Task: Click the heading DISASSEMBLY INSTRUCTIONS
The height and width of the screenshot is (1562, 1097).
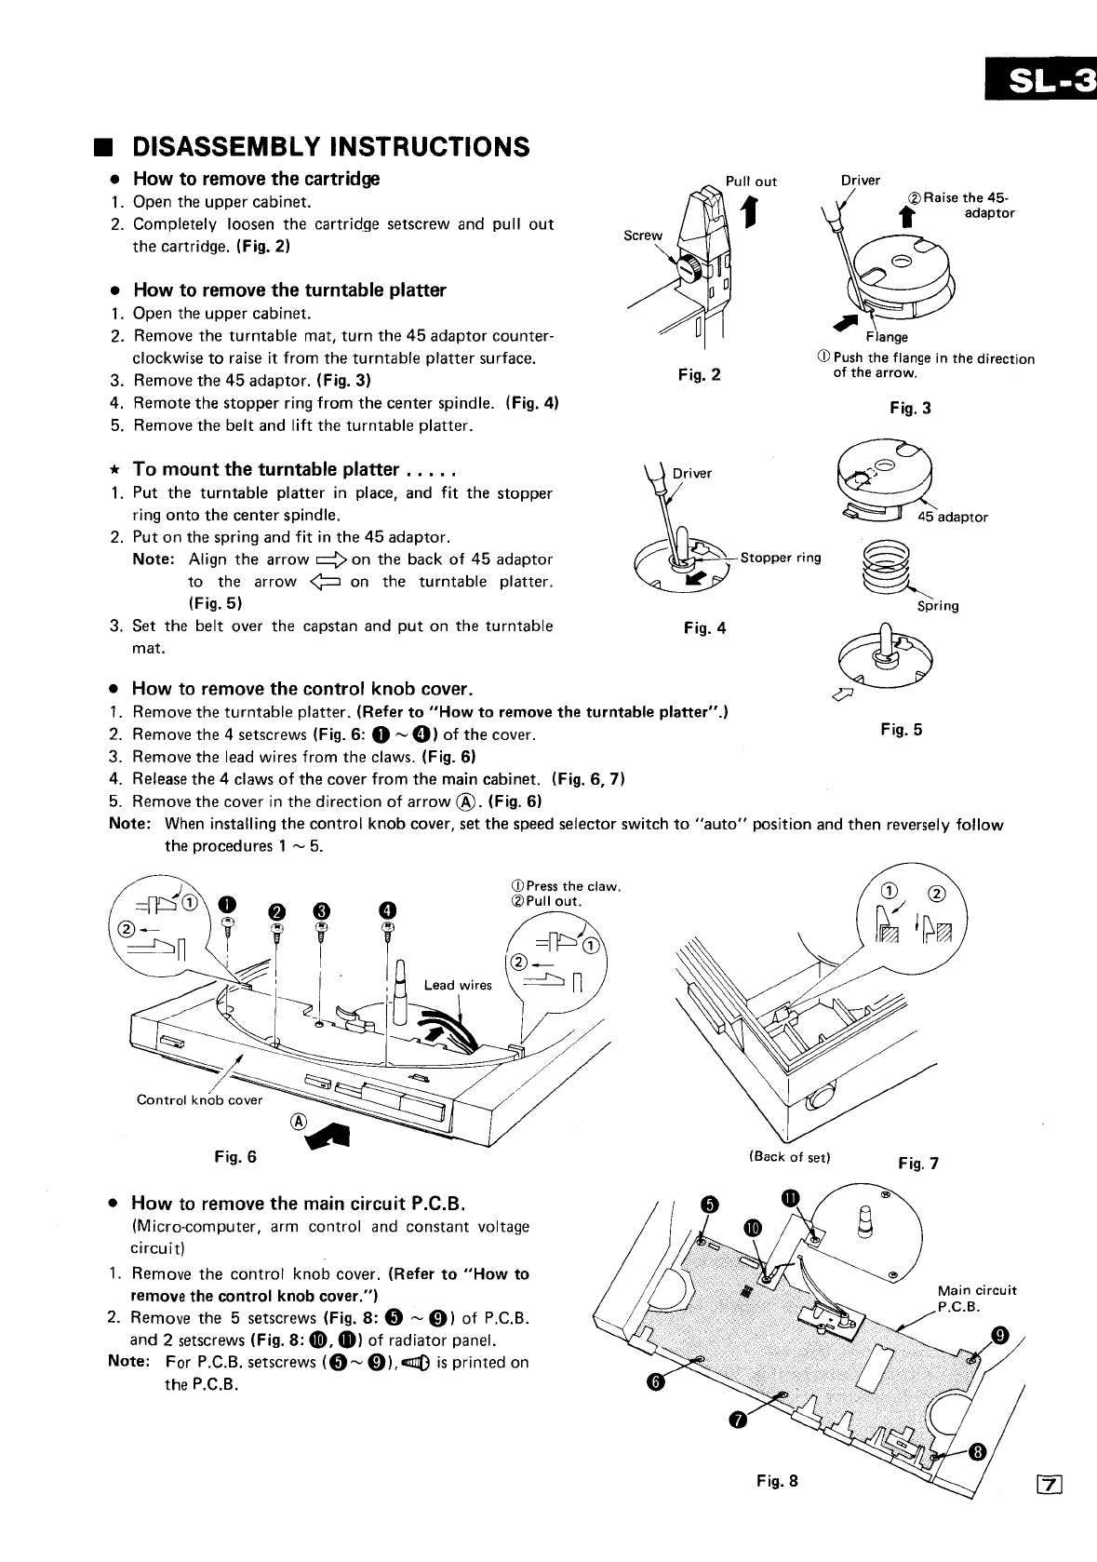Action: tap(331, 147)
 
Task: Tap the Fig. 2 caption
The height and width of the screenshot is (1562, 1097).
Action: tap(700, 375)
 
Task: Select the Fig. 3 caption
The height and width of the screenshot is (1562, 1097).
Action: tap(909, 408)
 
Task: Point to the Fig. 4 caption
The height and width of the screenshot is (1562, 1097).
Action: tap(704, 628)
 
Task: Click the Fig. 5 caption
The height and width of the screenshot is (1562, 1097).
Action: tap(901, 730)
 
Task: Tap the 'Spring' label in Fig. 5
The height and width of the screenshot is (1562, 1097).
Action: tap(938, 606)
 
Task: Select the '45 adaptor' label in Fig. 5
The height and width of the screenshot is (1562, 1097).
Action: tap(953, 517)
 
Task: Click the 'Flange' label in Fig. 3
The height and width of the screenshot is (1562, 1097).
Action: tap(887, 337)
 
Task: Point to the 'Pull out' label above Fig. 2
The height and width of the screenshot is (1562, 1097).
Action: tap(751, 182)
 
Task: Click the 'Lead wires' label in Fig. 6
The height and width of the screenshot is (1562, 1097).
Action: tap(458, 985)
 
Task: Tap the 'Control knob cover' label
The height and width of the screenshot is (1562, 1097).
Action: tap(199, 1099)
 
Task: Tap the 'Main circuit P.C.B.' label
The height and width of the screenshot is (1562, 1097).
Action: tap(976, 1298)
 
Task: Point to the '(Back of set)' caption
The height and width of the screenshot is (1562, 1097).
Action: tap(788, 1157)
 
